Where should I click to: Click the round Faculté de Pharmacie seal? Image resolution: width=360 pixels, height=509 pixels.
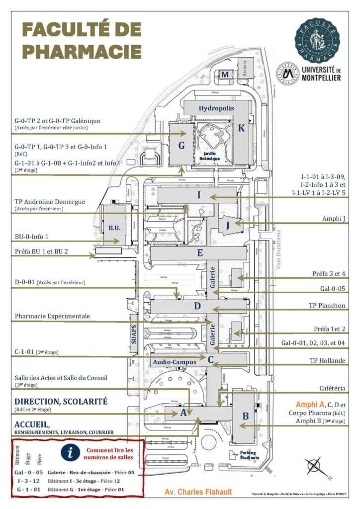(x=318, y=38)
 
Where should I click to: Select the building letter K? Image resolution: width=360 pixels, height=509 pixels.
(x=241, y=128)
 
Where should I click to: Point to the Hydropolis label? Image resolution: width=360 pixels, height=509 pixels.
(x=216, y=108)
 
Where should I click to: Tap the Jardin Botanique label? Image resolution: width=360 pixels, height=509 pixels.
(x=211, y=156)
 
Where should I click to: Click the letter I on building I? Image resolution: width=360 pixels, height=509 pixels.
(x=199, y=195)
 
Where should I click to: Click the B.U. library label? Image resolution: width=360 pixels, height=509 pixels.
(x=115, y=228)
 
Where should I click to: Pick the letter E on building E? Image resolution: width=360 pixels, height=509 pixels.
(x=199, y=253)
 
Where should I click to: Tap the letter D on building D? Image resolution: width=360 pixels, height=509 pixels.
(x=197, y=306)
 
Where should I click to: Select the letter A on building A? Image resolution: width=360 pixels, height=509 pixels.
(x=183, y=412)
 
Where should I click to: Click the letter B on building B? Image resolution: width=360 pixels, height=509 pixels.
(x=245, y=416)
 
